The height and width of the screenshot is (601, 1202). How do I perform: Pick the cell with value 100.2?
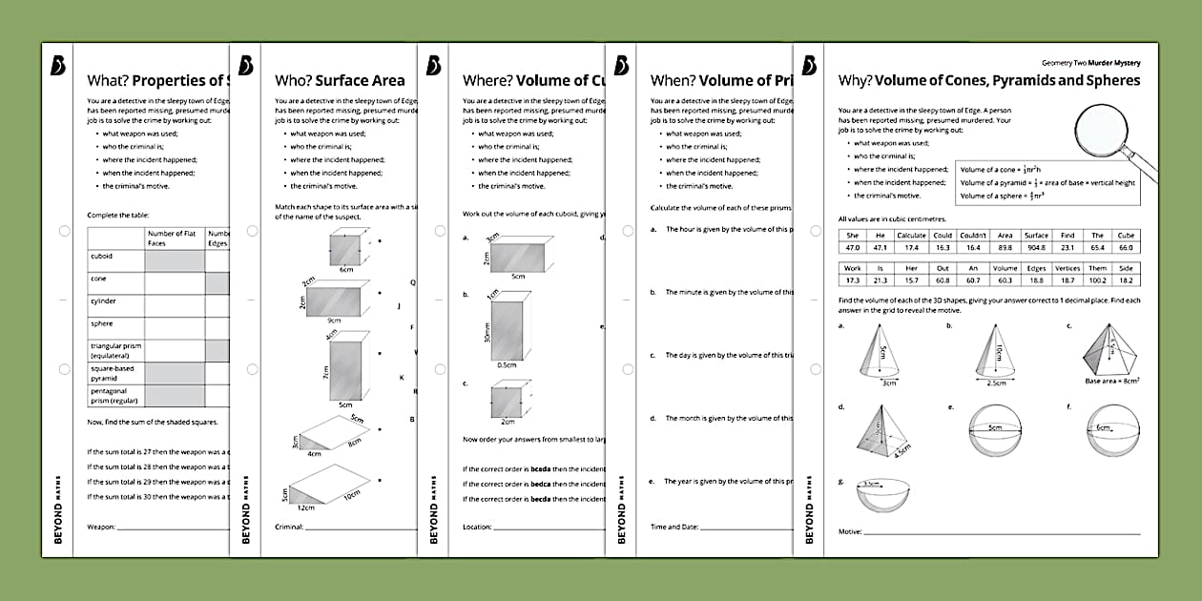[x=1097, y=280]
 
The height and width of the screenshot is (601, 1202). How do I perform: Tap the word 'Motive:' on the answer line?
[x=850, y=532]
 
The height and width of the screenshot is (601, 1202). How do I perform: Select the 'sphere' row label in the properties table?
[x=101, y=324]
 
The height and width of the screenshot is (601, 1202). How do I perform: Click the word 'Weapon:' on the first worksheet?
[x=101, y=527]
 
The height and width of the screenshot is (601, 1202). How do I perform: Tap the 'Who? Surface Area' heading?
[x=340, y=81]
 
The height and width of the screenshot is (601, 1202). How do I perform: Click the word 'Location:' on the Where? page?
[x=478, y=527]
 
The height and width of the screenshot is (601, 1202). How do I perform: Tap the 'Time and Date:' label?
[x=674, y=527]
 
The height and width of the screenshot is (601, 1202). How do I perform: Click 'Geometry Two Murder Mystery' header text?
[x=1092, y=62]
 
